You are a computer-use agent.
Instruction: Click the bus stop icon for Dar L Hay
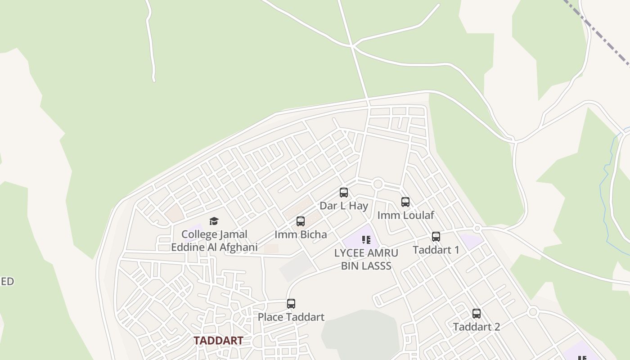tap(344, 193)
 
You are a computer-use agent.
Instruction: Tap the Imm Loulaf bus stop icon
tap(405, 202)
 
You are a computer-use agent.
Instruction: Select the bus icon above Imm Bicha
tap(301, 221)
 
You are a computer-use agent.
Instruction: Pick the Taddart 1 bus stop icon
tap(436, 237)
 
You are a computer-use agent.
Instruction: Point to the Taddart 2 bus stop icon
tap(477, 314)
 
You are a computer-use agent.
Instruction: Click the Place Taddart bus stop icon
tap(291, 304)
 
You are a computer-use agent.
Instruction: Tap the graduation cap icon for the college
tap(214, 221)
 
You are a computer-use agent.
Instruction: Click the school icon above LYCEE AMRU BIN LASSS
tap(366, 240)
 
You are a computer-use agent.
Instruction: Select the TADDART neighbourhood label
tap(218, 341)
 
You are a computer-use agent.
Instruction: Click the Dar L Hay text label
tap(344, 206)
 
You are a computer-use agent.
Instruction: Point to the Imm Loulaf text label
tap(405, 216)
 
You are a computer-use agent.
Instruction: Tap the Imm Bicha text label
tap(301, 234)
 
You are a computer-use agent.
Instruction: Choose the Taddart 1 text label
tap(436, 250)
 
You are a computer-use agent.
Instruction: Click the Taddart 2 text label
tap(477, 327)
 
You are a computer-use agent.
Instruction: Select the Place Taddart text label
tap(291, 317)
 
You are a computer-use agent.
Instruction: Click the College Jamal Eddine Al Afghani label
tap(214, 241)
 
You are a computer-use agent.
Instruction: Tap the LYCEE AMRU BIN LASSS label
tap(366, 259)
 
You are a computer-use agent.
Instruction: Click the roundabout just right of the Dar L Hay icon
tap(378, 184)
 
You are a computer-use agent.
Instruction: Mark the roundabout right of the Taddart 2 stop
tap(533, 311)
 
